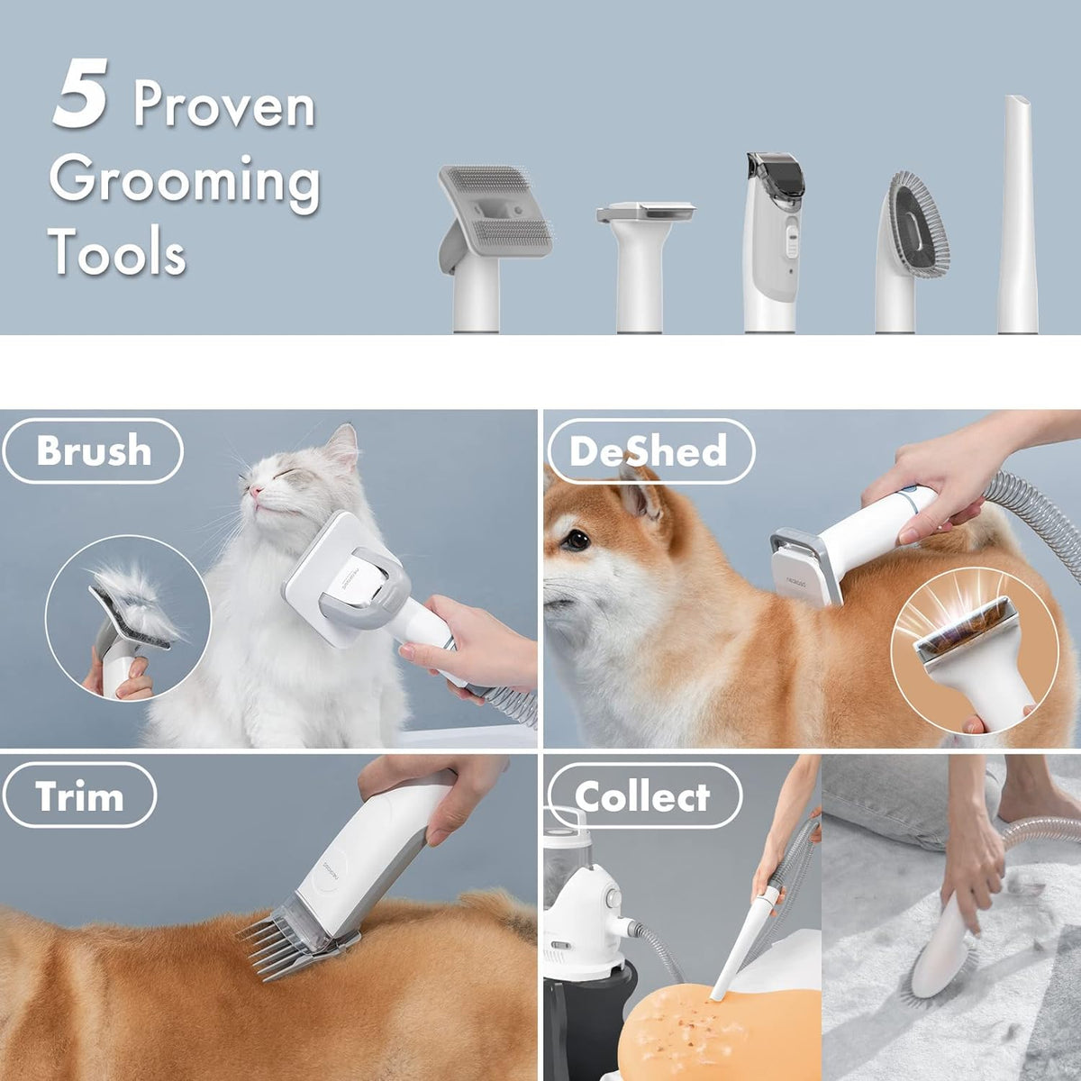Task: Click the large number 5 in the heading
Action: (81, 95)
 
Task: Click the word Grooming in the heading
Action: (185, 180)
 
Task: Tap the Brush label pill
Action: (93, 450)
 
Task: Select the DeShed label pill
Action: (648, 450)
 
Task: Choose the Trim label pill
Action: (79, 796)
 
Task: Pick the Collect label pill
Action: (643, 796)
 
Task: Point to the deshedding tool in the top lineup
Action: (646, 261)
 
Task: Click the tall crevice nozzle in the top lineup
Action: (1018, 216)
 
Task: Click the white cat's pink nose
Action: (257, 492)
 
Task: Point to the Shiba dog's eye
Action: (577, 541)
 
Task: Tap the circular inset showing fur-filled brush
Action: (127, 618)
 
